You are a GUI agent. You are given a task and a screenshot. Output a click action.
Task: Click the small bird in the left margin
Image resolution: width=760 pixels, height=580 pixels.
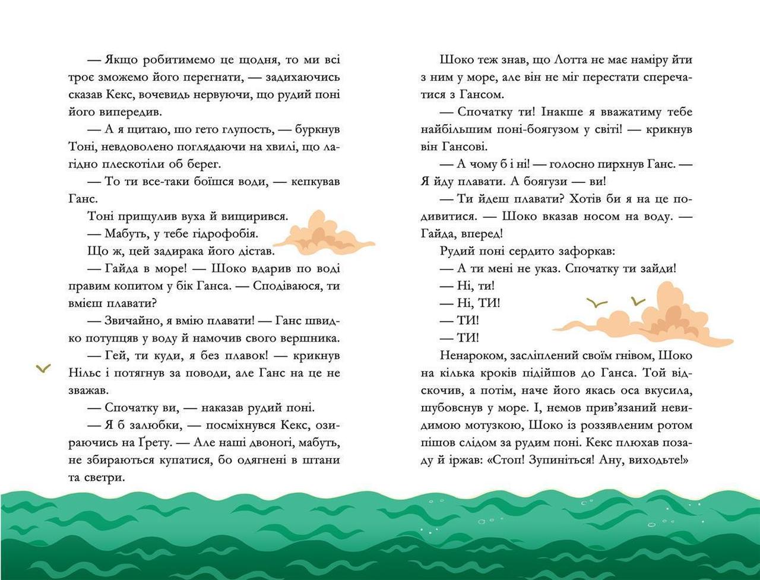(43, 369)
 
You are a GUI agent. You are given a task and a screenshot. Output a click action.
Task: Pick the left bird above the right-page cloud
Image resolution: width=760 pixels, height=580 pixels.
(597, 303)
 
